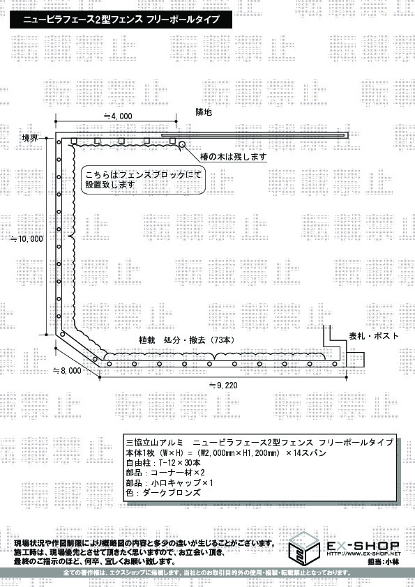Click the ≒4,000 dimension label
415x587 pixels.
point(118,116)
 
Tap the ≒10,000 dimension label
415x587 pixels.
point(27,239)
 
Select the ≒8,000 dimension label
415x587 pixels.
point(67,370)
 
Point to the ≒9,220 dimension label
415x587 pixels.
point(223,385)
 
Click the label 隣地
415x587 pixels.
point(204,112)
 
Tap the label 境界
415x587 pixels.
point(30,138)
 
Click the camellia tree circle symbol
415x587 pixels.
point(182,144)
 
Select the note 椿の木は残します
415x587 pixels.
point(234,156)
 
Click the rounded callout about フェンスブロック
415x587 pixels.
point(143,180)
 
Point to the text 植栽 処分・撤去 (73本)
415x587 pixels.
point(187,340)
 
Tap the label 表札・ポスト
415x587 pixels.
point(374,336)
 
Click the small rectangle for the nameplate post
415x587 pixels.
point(355,360)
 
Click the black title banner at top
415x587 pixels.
point(121,20)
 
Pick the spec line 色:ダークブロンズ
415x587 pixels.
point(163,492)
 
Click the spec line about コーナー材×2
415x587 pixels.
point(165,473)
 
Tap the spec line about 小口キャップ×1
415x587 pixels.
point(169,482)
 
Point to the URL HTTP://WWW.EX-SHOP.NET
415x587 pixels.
point(363,554)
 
